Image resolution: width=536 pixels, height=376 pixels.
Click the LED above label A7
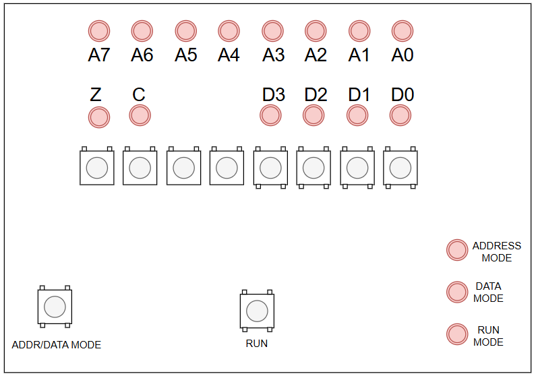point(99,30)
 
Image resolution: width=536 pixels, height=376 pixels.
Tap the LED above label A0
point(403,30)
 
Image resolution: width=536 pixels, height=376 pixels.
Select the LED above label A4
point(229,30)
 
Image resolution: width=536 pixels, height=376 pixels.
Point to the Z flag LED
point(99,117)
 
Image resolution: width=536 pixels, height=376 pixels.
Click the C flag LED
point(140,115)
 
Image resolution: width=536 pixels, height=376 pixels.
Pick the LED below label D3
point(270,115)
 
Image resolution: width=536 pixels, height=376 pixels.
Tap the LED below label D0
point(400,115)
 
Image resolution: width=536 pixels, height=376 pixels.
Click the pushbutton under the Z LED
point(97,167)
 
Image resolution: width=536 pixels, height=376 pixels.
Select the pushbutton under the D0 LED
point(400,167)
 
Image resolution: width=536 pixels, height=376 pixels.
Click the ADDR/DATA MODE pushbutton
point(55,307)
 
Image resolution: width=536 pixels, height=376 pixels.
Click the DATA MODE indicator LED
point(457,292)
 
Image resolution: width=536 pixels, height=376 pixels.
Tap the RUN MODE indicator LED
point(457,334)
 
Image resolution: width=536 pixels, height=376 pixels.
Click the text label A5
point(185,55)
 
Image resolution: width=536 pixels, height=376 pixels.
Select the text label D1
point(359,95)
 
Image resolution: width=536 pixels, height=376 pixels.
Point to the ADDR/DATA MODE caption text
point(57,345)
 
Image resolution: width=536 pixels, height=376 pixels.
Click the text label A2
point(316,55)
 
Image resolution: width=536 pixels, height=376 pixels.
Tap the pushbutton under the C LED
point(140,167)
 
